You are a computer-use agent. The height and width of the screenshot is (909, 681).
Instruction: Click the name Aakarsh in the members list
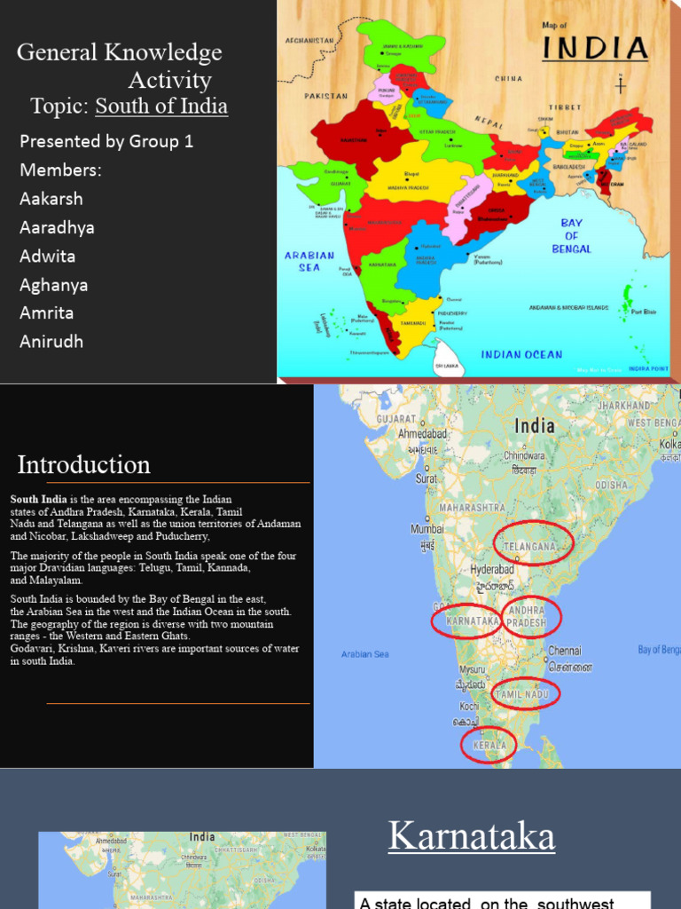click(51, 199)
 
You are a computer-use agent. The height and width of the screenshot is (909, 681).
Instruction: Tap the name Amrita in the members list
click(47, 312)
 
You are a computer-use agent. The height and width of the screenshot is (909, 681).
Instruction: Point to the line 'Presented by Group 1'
click(106, 141)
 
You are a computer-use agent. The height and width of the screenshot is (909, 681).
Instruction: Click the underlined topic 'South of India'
click(161, 107)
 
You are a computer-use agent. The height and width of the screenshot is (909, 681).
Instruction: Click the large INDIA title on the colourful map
click(607, 48)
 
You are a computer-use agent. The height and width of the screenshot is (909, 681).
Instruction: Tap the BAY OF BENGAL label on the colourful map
click(572, 235)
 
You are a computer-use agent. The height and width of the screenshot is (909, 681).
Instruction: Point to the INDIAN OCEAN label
click(521, 354)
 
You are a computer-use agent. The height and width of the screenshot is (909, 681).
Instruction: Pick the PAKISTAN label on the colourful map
click(327, 96)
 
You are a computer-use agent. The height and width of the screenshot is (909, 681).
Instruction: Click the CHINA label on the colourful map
click(509, 78)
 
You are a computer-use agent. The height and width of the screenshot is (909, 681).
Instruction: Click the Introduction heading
click(84, 464)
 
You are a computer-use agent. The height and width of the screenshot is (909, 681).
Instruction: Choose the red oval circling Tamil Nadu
click(526, 693)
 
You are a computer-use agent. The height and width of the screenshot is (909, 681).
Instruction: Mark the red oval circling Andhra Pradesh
click(531, 617)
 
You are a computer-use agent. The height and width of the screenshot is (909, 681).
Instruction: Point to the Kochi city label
click(469, 707)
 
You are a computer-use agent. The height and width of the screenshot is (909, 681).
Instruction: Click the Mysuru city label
click(472, 669)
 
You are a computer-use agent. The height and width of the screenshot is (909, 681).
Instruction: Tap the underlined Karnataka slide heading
click(472, 836)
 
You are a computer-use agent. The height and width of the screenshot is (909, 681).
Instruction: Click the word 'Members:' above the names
click(60, 170)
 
